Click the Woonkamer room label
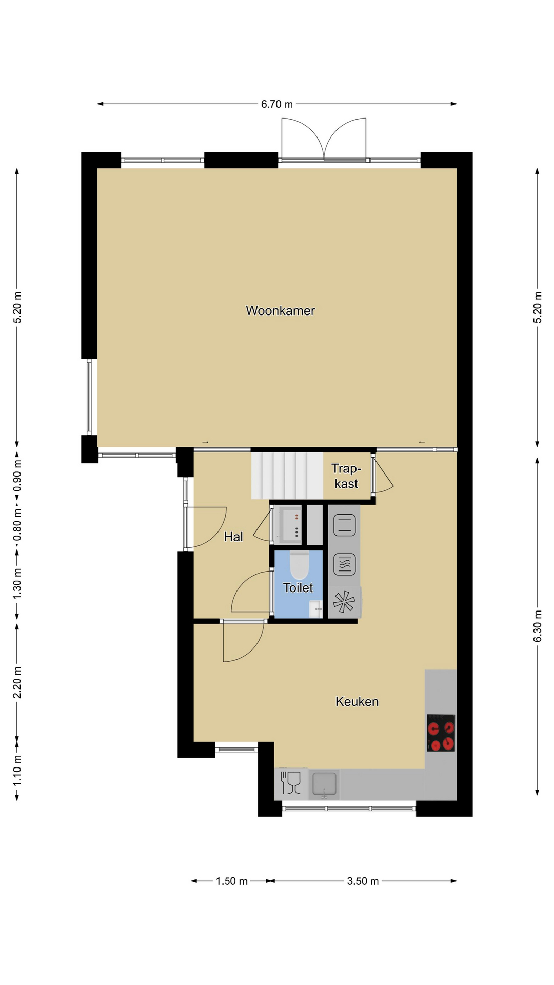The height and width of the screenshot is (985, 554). (280, 310)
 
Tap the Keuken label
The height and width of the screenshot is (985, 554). (357, 701)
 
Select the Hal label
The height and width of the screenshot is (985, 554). (233, 537)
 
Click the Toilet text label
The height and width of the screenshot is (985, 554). (298, 587)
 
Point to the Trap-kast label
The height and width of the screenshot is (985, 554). (346, 476)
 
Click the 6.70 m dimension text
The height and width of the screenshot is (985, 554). (277, 104)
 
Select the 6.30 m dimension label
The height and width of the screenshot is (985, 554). (538, 626)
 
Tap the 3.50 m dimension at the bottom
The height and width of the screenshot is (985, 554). (363, 881)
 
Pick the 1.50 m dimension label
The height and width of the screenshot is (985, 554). (231, 881)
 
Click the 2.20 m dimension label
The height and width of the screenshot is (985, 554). (17, 682)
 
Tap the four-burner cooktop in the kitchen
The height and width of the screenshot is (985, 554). (441, 733)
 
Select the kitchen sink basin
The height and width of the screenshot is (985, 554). (324, 784)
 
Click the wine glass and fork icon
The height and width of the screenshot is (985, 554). (290, 783)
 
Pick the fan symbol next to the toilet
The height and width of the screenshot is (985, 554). (344, 602)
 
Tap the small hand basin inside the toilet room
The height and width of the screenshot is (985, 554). (316, 609)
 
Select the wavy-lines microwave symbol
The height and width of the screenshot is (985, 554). (345, 564)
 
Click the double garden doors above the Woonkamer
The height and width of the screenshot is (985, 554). (324, 139)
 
